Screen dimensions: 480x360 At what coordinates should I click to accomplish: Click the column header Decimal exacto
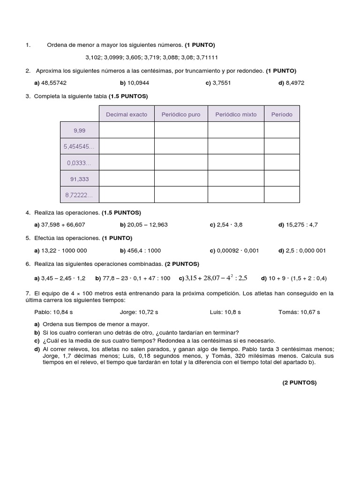[x=127, y=114]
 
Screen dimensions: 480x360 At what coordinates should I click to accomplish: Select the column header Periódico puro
[x=181, y=114]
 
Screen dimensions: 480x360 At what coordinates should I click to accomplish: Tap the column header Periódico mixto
[x=236, y=114]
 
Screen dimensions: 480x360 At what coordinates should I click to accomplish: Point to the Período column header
[x=281, y=114]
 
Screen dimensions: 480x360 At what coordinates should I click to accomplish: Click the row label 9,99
[x=80, y=130]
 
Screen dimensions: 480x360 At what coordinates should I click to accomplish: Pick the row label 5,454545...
[x=79, y=146]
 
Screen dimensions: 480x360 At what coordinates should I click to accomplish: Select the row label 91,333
[x=80, y=179]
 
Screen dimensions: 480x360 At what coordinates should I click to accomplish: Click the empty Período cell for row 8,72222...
[x=281, y=195]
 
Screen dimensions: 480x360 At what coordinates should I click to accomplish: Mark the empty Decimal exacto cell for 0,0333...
[x=127, y=162]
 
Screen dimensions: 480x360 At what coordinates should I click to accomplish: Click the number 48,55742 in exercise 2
[x=53, y=82]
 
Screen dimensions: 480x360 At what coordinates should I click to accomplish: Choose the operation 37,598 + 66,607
[x=63, y=225]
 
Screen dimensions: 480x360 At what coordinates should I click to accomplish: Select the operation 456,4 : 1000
[x=144, y=250]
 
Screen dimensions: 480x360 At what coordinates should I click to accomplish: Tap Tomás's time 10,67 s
[x=310, y=312]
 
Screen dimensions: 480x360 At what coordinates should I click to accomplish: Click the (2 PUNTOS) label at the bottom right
[x=299, y=382]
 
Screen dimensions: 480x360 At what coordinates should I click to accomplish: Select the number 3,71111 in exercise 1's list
[x=207, y=57]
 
